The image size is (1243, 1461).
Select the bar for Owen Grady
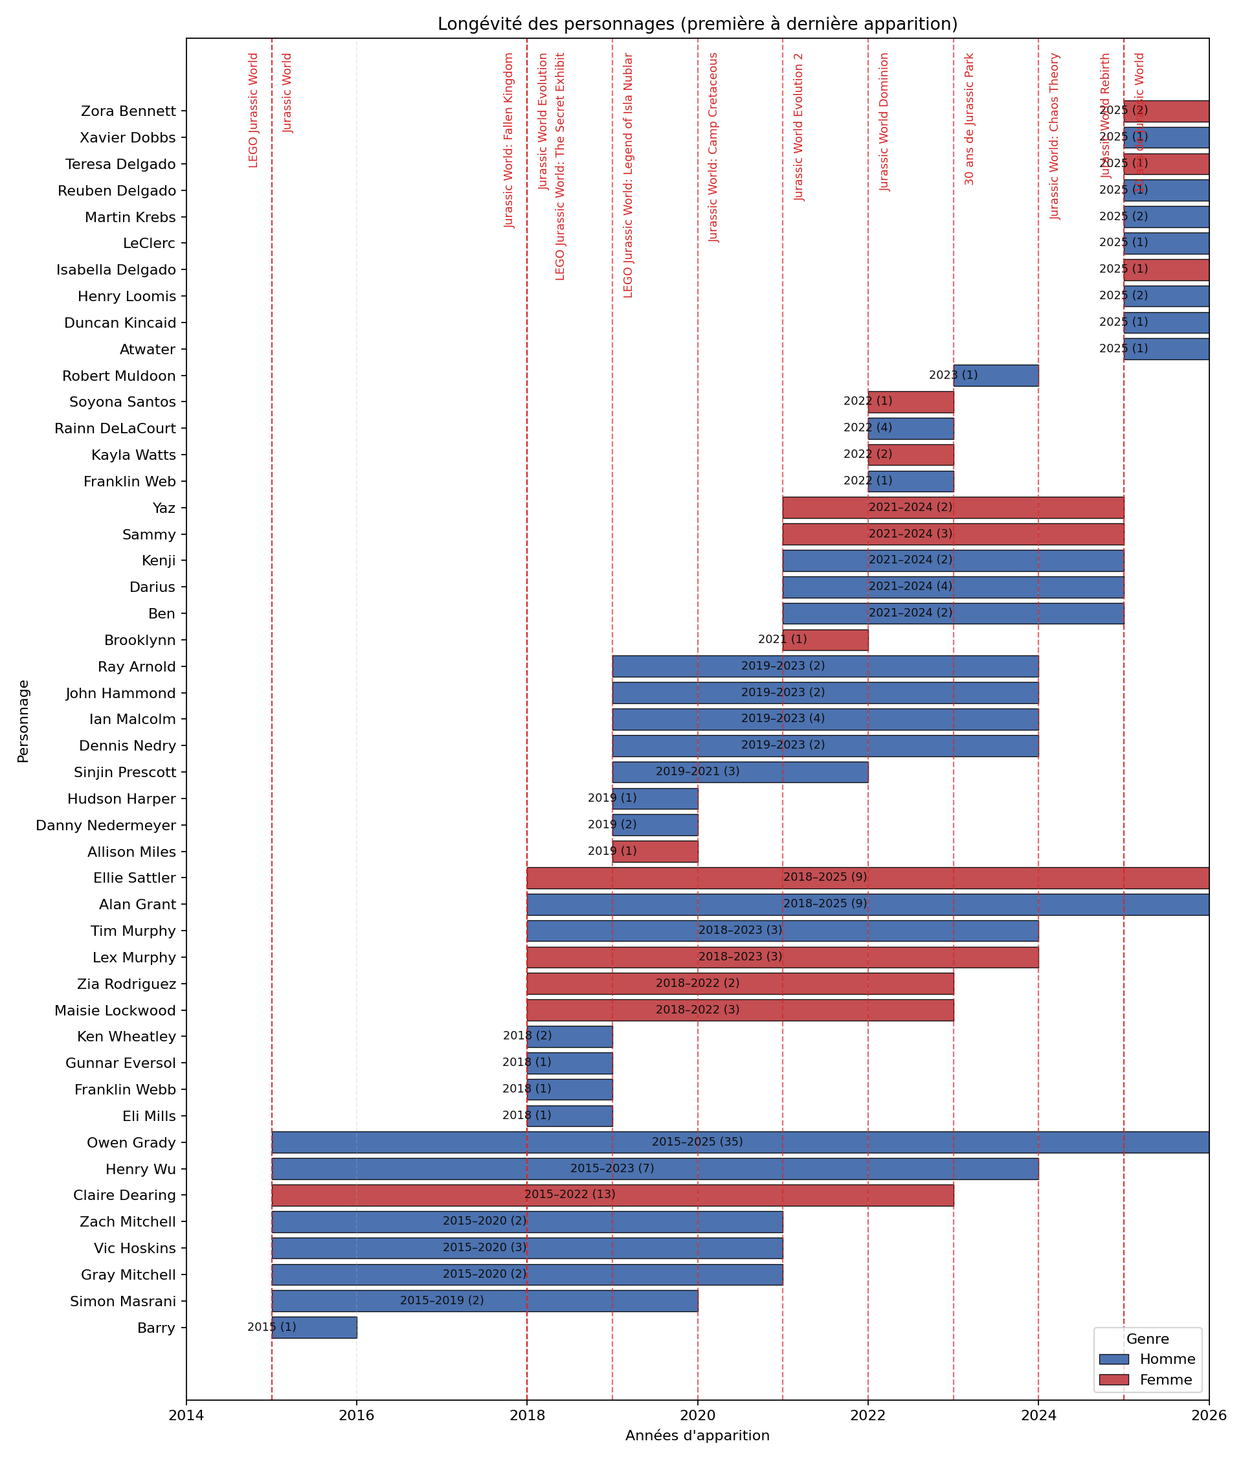[740, 1142]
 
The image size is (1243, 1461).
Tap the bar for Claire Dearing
[612, 1195]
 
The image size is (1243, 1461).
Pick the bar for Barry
[314, 1328]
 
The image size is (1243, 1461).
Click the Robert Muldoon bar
[996, 376]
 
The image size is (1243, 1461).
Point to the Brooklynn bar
[825, 640]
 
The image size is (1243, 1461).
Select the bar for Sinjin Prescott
[740, 773]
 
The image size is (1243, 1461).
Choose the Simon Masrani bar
[485, 1301]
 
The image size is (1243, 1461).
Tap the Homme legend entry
[1166, 1359]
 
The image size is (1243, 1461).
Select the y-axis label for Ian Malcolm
[133, 719]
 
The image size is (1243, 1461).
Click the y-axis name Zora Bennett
[128, 111]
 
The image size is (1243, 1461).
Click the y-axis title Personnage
[23, 721]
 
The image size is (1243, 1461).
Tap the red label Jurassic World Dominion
[885, 122]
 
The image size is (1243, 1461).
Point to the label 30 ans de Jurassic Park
[970, 119]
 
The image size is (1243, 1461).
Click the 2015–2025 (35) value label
[697, 1142]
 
